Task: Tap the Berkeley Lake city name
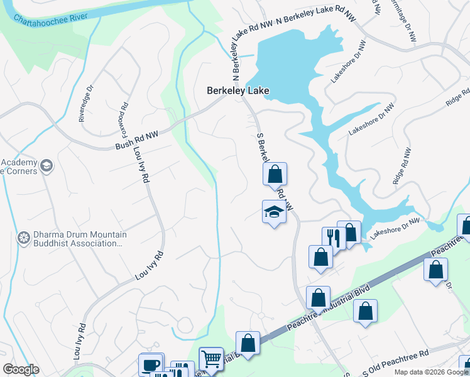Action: (238, 91)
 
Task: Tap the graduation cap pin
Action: (274, 212)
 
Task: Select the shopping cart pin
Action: (210, 359)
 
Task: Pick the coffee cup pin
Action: (151, 365)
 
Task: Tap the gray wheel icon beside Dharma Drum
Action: (24, 238)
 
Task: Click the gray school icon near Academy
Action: (45, 166)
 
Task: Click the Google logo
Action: (21, 369)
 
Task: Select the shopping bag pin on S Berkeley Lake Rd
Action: (275, 174)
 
